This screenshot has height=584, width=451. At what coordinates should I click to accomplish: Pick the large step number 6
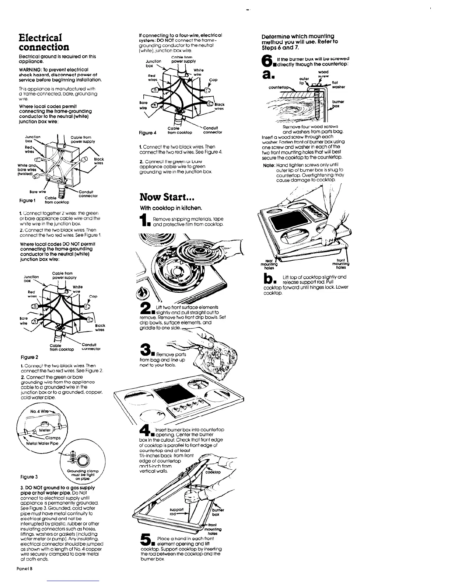pyautogui.click(x=266, y=60)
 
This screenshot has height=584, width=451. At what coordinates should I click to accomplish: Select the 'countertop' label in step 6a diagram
pyautogui.click(x=279, y=87)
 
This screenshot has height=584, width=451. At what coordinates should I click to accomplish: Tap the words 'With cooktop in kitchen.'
pyautogui.click(x=164, y=208)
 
